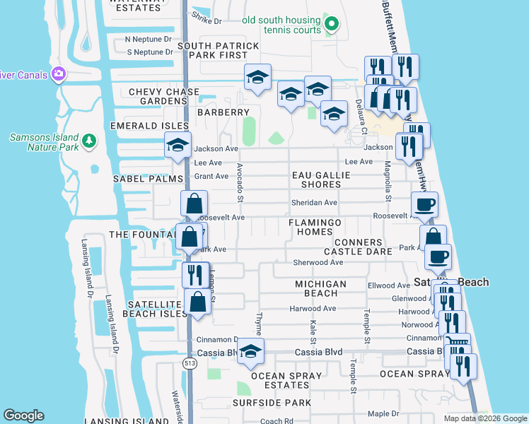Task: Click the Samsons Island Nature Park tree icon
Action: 89,143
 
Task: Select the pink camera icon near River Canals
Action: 58,74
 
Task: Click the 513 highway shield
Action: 189,363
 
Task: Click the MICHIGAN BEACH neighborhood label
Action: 320,288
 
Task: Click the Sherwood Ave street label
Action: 318,262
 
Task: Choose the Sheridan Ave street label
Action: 314,203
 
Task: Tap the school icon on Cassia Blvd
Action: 250,351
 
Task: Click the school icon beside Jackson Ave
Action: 177,146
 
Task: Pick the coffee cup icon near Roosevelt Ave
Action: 424,205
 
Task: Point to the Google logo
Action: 23,416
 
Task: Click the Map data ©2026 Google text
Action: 484,418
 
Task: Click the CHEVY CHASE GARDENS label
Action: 164,97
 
